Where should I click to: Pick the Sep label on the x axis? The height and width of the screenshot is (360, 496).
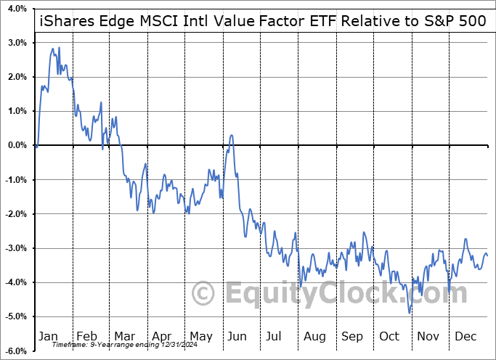point(352,336)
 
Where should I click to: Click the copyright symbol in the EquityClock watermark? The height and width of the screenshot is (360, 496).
point(204,293)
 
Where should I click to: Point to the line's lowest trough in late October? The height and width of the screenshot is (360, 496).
point(410,313)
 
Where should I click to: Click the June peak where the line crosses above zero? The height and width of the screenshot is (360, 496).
point(231,135)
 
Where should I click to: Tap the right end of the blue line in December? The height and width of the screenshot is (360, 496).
point(487,255)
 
